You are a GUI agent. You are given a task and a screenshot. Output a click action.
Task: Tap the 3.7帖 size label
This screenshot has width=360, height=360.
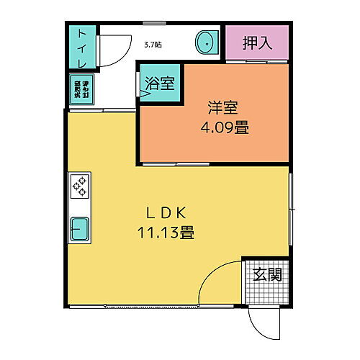pyautogui.click(x=153, y=45)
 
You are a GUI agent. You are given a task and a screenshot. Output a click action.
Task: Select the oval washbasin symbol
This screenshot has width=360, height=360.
pyautogui.click(x=206, y=43)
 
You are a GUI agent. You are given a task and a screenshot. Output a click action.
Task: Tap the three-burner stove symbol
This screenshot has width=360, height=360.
pyautogui.click(x=78, y=186)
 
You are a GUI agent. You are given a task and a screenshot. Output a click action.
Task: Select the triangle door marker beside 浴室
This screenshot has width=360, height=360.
pyautogui.click(x=145, y=91)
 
